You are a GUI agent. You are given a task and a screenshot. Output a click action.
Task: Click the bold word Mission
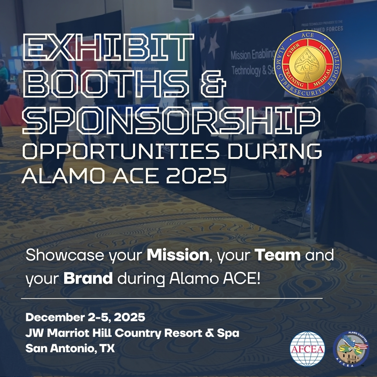(x=177, y=256)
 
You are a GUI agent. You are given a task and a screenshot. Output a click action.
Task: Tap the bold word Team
(x=278, y=256)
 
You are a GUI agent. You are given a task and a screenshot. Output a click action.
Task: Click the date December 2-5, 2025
(x=85, y=318)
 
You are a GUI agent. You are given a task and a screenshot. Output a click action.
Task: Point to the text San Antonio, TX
(x=70, y=348)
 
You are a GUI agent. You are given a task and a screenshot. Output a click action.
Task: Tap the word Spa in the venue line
(x=229, y=333)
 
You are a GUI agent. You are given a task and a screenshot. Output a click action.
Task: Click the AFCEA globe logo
(x=308, y=348)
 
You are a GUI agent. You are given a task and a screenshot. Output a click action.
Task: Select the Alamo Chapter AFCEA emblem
(x=351, y=348)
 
